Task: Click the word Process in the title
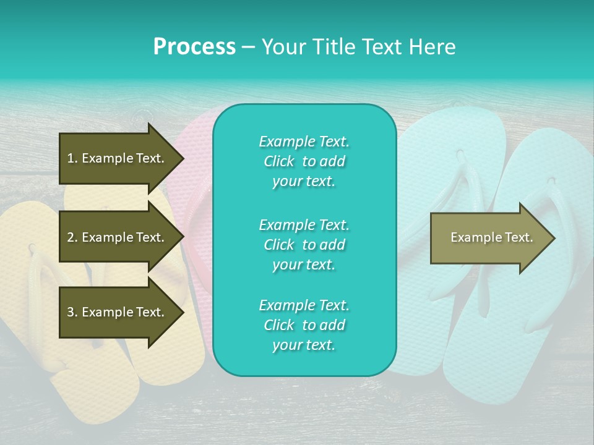194,47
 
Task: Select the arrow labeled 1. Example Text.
116,158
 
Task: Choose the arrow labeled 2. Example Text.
116,237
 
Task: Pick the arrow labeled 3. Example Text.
116,312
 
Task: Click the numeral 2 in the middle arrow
71,237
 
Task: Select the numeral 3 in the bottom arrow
71,312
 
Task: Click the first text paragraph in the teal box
304,161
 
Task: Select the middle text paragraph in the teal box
304,244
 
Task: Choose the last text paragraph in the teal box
304,325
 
